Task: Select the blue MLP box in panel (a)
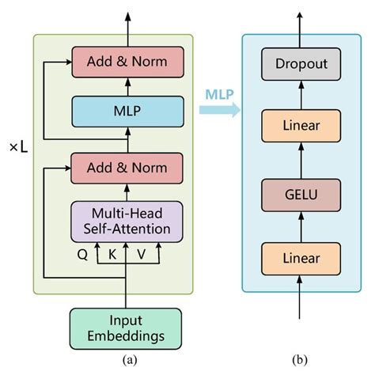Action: coord(127,112)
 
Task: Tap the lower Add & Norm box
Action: coord(127,167)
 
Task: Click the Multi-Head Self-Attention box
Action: coord(127,220)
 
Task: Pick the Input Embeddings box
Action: coord(127,328)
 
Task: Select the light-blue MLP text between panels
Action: coord(218,94)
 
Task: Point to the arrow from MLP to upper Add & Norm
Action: coord(127,85)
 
